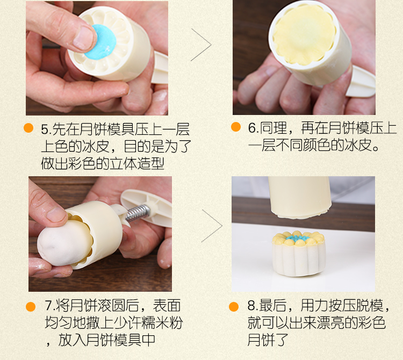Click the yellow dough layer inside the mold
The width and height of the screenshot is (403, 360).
point(305,35)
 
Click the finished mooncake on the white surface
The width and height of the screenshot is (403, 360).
point(299,253)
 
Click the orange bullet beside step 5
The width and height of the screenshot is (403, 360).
point(28,128)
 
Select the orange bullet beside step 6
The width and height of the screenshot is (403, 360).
point(236,127)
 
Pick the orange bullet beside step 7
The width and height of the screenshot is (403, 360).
point(31,307)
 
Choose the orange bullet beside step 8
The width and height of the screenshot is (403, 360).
point(234,307)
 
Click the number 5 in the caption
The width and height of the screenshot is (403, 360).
point(45,129)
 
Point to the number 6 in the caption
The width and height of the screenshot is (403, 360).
point(252,128)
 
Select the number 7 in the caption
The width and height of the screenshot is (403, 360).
point(49,305)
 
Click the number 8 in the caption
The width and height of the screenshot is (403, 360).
point(251,306)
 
